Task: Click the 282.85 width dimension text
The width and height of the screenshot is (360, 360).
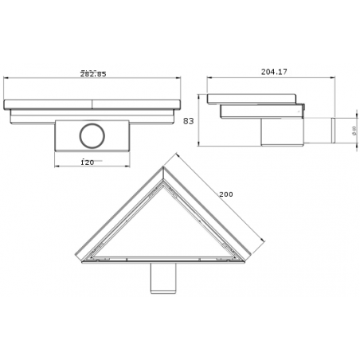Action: pyautogui.click(x=93, y=74)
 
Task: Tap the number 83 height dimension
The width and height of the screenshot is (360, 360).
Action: pyautogui.click(x=189, y=122)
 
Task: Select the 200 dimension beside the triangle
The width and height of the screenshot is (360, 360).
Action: pyautogui.click(x=226, y=194)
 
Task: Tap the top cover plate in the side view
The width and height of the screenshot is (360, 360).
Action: pyautogui.click(x=253, y=99)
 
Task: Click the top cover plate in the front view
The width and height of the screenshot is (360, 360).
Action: pyautogui.click(x=93, y=104)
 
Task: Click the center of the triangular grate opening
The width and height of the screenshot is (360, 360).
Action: pyautogui.click(x=163, y=231)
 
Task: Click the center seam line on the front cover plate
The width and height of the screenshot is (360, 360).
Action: pyautogui.click(x=93, y=104)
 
